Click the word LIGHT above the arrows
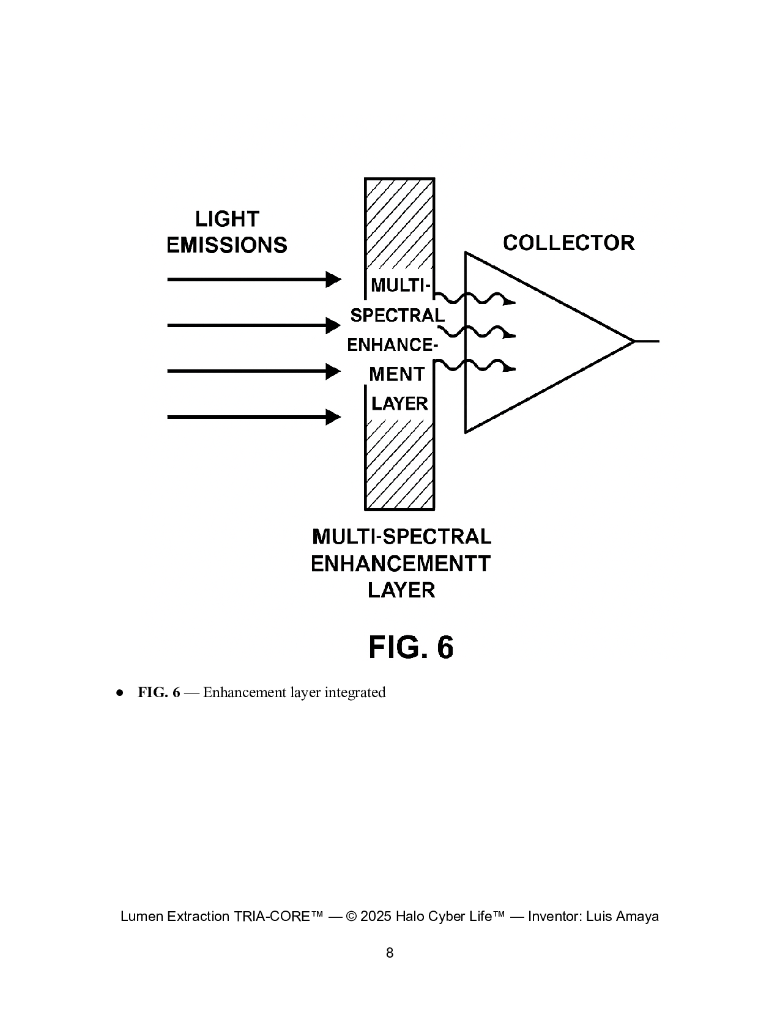click(x=227, y=219)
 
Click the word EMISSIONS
click(x=227, y=245)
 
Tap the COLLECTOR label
click(x=568, y=243)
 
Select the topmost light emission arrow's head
click(x=333, y=279)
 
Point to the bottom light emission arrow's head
click(x=333, y=417)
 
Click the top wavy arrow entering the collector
click(x=477, y=299)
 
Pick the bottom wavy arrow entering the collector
click(x=477, y=366)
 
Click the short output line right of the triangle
click(x=647, y=341)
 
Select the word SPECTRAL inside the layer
click(x=397, y=316)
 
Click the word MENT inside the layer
click(x=396, y=374)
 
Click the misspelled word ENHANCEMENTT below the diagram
click(x=401, y=563)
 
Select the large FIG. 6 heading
click(x=411, y=647)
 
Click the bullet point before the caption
click(x=121, y=693)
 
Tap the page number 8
click(x=390, y=953)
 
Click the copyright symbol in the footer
click(x=351, y=916)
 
